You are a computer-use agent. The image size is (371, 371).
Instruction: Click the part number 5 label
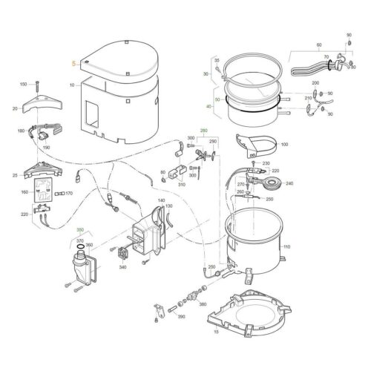73,64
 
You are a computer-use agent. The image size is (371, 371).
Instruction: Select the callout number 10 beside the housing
72,85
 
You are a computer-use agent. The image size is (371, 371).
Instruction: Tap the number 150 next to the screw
22,84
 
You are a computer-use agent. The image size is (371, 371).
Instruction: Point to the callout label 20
15,109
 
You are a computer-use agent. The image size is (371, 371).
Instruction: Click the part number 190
46,148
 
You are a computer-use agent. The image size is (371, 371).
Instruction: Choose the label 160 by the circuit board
24,192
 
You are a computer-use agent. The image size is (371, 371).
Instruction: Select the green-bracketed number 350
80,231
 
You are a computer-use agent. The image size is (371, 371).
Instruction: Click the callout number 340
122,267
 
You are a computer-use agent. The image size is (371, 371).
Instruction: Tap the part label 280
203,131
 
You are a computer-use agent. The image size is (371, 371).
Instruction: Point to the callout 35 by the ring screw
217,59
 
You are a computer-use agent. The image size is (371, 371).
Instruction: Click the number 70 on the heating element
325,55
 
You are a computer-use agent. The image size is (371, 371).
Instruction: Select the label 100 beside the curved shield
284,144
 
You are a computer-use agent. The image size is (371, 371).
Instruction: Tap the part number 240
289,183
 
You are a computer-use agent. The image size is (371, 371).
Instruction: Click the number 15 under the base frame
216,332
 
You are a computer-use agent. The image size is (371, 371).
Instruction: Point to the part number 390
180,317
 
